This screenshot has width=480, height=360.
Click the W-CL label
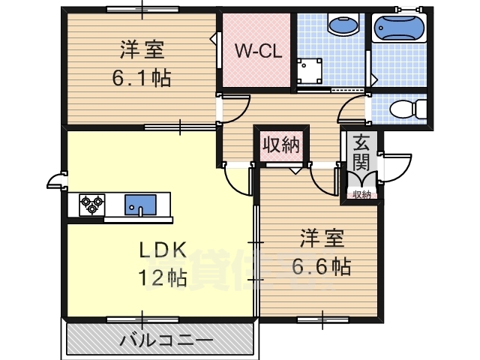[x=258, y=51]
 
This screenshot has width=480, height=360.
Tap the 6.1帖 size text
[x=142, y=78]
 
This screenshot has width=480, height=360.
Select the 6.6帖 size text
[x=321, y=266]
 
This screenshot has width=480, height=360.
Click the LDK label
[x=163, y=250]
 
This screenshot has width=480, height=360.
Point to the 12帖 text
[x=163, y=277]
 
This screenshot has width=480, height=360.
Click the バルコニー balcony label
[x=166, y=340]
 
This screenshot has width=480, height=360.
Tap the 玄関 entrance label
[x=361, y=153]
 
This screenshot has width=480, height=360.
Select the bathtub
[x=399, y=28]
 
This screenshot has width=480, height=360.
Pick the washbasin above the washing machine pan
[x=343, y=24]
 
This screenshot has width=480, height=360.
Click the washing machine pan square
[x=310, y=71]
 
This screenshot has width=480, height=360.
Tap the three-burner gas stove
[x=91, y=205]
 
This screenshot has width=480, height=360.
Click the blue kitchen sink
[x=140, y=205]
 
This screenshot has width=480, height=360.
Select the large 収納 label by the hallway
[x=281, y=145]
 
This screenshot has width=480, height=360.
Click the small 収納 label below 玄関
[x=361, y=194]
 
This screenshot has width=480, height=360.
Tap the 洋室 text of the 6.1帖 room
[x=142, y=49]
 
